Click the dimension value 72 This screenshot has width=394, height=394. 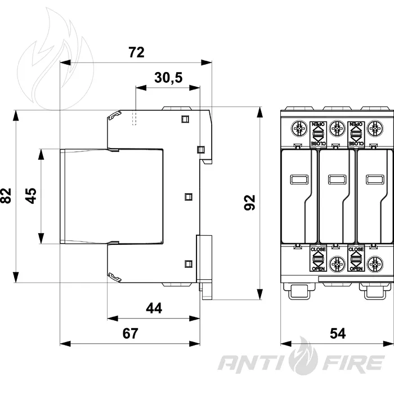pyautogui.click(x=136, y=52)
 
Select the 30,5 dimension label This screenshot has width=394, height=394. pyautogui.click(x=168, y=78)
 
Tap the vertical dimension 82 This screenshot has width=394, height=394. pyautogui.click(x=6, y=195)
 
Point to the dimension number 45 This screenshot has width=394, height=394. pyautogui.click(x=30, y=195)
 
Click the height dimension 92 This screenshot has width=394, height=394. pyautogui.click(x=249, y=202)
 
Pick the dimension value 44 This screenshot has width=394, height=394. pyautogui.click(x=154, y=308)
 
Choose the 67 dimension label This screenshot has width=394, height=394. pyautogui.click(x=131, y=333)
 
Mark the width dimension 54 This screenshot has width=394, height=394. pyautogui.click(x=338, y=333)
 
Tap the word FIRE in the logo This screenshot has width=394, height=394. pyautogui.click(x=353, y=362)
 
